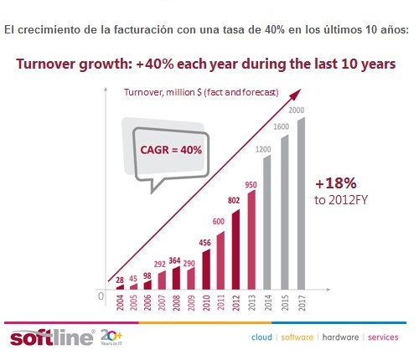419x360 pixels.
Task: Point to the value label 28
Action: pos(120,280)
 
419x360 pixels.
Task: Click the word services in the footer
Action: pos(384,338)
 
